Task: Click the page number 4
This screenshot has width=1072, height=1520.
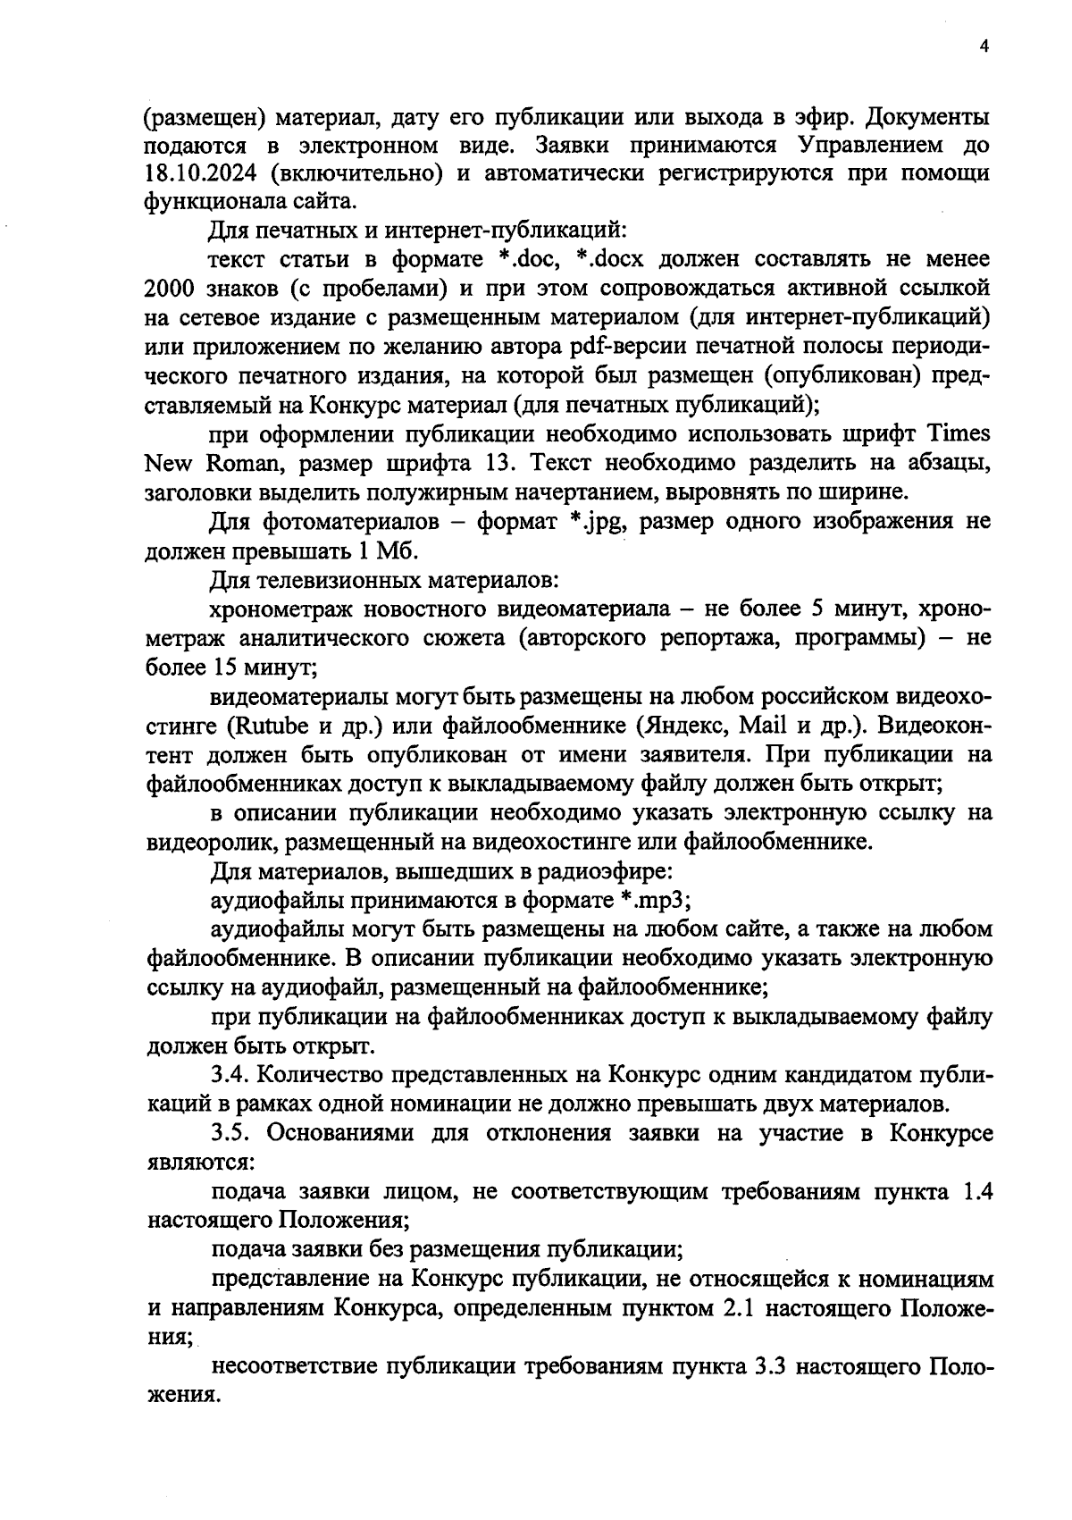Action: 984,48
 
